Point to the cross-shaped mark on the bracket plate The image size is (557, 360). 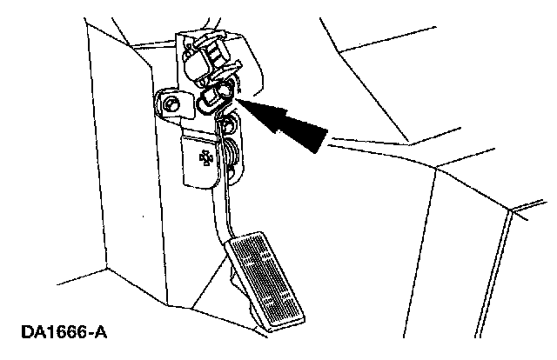(x=205, y=157)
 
